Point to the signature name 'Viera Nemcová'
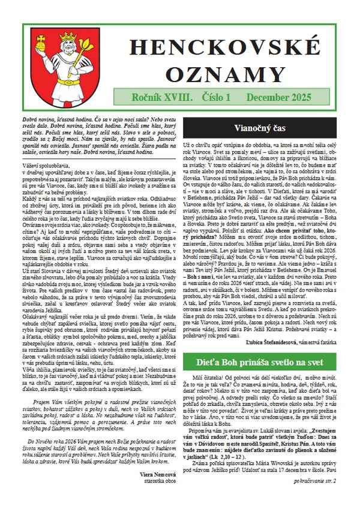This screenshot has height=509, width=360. point(155,473)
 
